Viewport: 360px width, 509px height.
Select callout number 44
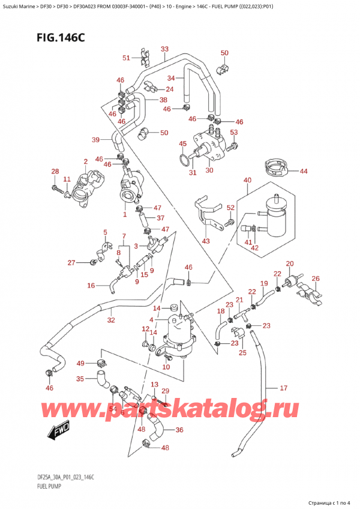tap(304, 172)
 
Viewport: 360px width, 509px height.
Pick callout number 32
tap(110, 321)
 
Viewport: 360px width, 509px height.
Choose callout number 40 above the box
tap(247, 180)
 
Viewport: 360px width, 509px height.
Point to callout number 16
tap(91, 286)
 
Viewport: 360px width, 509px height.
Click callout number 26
tap(316, 278)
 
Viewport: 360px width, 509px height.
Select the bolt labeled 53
tap(234, 145)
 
